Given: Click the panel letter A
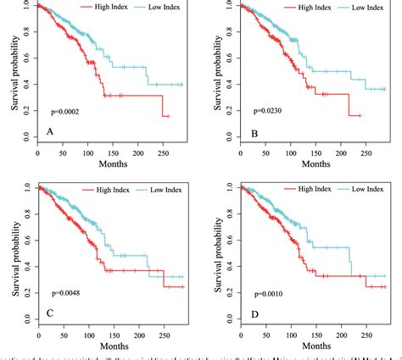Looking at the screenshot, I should coord(51,132).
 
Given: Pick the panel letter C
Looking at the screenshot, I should coord(51,313).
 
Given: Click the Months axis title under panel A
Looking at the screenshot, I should coord(115,163).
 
